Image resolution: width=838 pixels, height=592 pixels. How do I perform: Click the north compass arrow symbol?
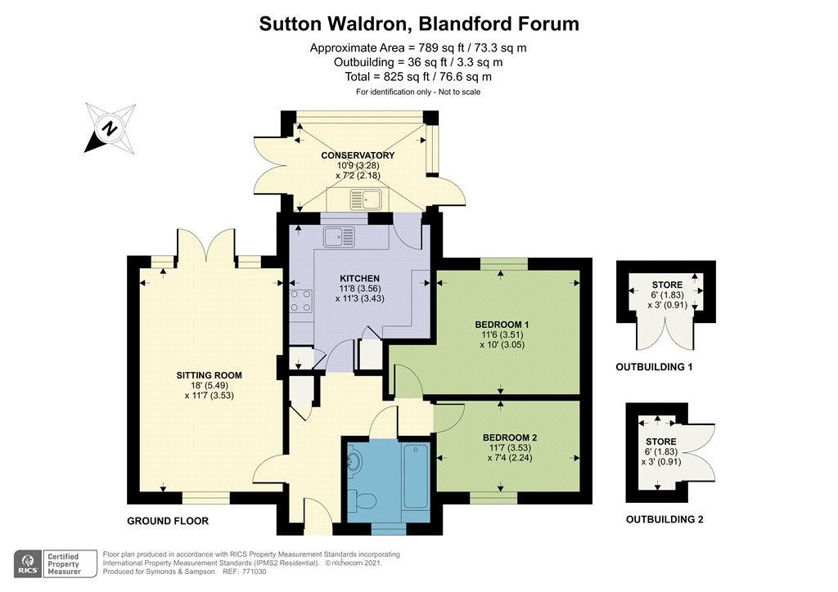[x=110, y=128]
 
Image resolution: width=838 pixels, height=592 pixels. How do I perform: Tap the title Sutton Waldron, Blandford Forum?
[x=419, y=24]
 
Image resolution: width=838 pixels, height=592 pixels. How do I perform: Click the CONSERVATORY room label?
[x=358, y=155]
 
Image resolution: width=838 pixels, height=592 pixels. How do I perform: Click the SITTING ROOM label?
[x=209, y=375]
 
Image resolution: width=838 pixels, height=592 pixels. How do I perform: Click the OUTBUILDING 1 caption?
[x=654, y=368]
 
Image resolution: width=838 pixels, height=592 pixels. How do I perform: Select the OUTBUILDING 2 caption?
[x=664, y=519]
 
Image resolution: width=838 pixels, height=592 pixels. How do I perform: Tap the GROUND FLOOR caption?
[x=168, y=521]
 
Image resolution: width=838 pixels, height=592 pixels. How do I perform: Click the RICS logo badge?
[x=30, y=563]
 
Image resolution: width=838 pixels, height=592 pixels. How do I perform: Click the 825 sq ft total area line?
[x=418, y=76]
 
